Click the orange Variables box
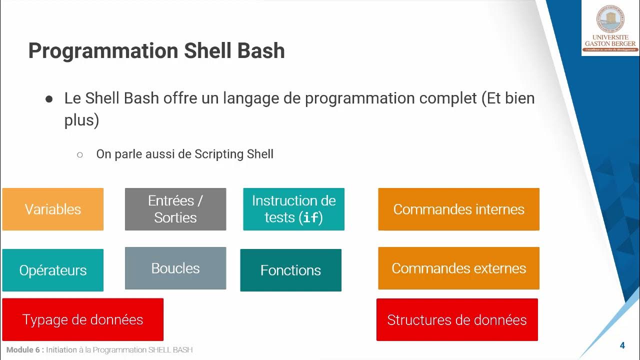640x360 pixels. pos(53,209)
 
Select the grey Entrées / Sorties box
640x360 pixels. pos(175,209)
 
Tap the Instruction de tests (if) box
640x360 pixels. pos(293,209)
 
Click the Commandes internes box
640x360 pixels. pos(458,209)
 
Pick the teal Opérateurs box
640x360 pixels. pos(53,270)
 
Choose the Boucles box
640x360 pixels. pos(175,268)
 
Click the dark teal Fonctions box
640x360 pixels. pos(290,270)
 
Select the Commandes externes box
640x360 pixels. pos(458,268)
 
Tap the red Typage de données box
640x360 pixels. pos(82,319)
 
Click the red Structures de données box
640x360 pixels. pos(457,319)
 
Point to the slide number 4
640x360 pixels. pos(622,345)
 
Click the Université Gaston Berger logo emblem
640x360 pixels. pos(610,19)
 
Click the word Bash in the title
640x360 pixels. pos(261,51)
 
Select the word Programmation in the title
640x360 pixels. pos(103,51)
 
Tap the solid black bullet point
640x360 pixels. pos(49,99)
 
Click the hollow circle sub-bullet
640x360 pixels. pos(80,154)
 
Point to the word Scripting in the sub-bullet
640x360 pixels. pos(219,154)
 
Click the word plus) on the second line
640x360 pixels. pos(81,120)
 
